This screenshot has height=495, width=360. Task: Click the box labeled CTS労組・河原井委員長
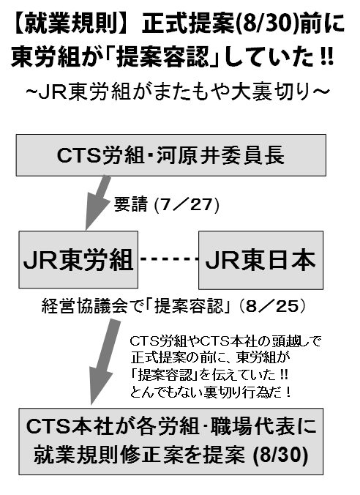(x=171, y=155)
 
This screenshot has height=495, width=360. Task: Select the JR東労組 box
(x=78, y=259)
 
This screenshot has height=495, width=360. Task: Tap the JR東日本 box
(x=260, y=260)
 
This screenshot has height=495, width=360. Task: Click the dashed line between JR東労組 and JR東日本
(x=168, y=259)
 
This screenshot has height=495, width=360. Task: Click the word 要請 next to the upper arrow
(x=131, y=204)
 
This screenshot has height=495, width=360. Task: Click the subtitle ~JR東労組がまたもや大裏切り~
(x=178, y=92)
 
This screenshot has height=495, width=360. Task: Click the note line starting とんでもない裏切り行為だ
(x=210, y=392)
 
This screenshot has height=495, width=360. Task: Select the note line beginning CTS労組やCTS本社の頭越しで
(x=225, y=341)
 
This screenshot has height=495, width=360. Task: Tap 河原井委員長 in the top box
(x=220, y=155)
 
